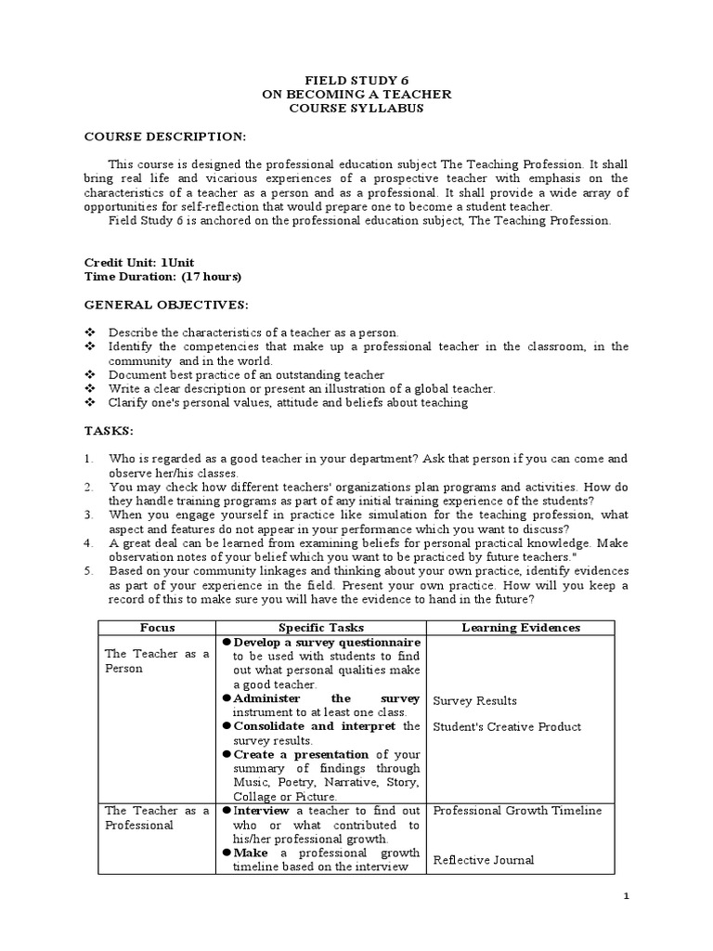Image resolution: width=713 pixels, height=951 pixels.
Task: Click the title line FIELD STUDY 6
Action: tap(356, 81)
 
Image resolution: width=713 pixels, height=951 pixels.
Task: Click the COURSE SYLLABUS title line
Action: tap(356, 108)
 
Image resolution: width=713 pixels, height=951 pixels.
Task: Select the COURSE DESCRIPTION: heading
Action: tap(165, 137)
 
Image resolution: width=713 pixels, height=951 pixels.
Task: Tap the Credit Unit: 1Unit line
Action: tap(139, 263)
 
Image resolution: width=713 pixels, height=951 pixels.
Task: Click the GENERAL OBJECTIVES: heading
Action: tap(167, 304)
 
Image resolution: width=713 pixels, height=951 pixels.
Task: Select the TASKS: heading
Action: tap(110, 431)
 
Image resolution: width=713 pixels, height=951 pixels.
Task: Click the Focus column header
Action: tap(157, 628)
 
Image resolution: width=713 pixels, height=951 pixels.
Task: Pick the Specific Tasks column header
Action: tap(318, 628)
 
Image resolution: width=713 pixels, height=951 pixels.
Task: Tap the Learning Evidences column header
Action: tap(521, 628)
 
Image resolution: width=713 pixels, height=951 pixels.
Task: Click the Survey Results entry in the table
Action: tap(474, 701)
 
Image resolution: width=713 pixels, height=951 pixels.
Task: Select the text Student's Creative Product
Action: tap(507, 726)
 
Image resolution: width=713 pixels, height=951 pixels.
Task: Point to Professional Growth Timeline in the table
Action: tap(517, 811)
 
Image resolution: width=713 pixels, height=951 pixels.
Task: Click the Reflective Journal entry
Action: tap(484, 860)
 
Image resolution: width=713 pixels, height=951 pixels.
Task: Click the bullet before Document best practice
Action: tap(90, 374)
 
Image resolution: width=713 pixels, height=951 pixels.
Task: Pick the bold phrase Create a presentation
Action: tap(301, 754)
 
